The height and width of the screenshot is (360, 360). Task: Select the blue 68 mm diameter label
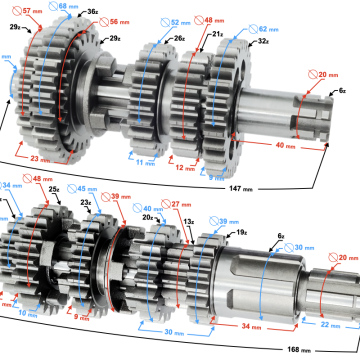[x=67, y=6]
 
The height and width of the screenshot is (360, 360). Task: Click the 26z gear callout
[x=178, y=39]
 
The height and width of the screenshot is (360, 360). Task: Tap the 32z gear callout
[x=263, y=43]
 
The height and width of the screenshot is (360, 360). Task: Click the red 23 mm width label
[x=43, y=156]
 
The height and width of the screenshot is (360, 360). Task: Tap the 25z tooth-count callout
[x=82, y=187]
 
